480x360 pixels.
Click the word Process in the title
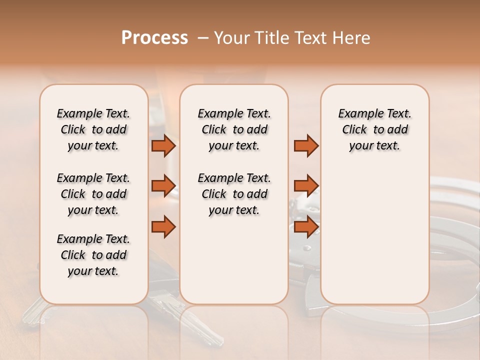(154, 38)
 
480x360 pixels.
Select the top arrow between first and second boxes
(163, 146)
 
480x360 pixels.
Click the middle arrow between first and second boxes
(163, 186)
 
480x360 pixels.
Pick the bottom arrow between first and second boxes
(163, 226)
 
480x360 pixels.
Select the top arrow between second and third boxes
(306, 146)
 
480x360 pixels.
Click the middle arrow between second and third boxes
(306, 186)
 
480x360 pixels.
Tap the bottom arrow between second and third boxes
(306, 226)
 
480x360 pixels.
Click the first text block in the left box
(93, 129)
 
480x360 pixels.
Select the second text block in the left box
(93, 194)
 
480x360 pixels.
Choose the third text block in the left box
(93, 255)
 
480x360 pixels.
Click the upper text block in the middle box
(234, 129)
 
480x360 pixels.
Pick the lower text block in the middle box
(234, 194)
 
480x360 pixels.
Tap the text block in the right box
(374, 129)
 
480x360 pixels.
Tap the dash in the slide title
(203, 38)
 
